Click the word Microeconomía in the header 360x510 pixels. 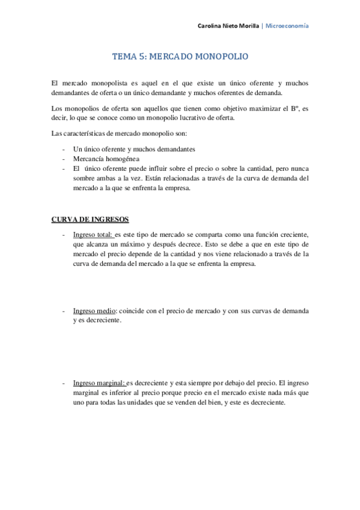pos(287,26)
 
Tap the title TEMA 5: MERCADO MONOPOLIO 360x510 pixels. pos(180,57)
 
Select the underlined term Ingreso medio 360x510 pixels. pos(95,311)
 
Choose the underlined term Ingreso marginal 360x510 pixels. pos(99,382)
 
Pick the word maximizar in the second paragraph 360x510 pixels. pos(251,108)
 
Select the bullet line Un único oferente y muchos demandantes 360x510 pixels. pos(134,149)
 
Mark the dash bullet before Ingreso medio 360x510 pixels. pos(63,311)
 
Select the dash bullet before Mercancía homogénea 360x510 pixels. pos(63,159)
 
